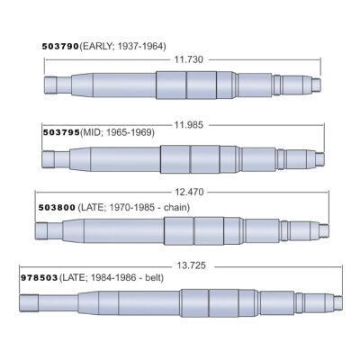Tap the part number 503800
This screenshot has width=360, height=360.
55,206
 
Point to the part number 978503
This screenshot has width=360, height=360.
38,279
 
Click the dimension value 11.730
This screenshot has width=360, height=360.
187,58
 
